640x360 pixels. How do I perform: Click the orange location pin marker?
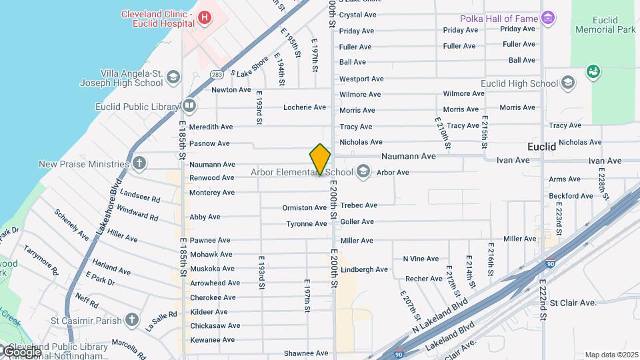(320, 159)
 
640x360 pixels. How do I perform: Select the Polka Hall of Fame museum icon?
(548, 17)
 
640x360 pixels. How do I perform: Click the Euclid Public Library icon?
(189, 106)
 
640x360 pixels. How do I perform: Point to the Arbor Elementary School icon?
(363, 172)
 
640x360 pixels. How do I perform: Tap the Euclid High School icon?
(567, 83)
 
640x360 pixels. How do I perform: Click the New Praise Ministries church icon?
(139, 163)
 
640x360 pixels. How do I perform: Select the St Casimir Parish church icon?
(132, 321)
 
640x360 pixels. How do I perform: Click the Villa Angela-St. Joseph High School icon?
(173, 77)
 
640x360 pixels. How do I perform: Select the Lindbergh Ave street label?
(363, 269)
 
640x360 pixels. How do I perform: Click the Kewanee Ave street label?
(212, 340)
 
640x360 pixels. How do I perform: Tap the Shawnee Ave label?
(306, 353)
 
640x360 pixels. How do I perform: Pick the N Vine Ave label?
(421, 259)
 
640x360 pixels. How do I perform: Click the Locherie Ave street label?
(304, 107)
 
